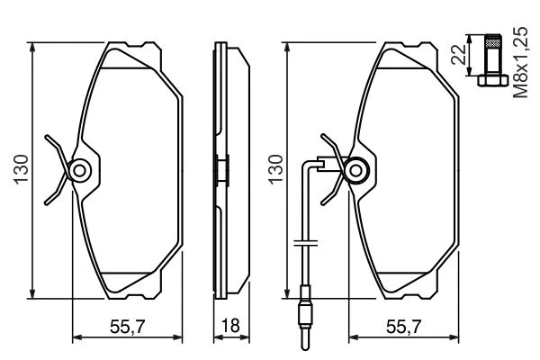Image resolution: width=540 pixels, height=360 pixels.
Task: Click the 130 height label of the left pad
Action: [x=21, y=169]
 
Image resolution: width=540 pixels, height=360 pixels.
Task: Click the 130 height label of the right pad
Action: [x=275, y=169]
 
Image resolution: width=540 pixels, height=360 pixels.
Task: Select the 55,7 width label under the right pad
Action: [x=403, y=327]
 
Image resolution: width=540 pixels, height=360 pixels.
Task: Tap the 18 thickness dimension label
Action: [x=230, y=326]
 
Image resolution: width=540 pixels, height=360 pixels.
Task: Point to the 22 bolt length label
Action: [x=458, y=54]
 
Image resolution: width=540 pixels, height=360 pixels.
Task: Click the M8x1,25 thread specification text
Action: [x=520, y=63]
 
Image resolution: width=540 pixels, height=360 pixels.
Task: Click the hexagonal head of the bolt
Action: [x=492, y=81]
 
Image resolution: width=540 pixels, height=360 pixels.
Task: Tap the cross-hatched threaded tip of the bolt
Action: [x=492, y=41]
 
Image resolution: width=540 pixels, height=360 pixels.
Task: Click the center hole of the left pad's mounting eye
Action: [x=80, y=170]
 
